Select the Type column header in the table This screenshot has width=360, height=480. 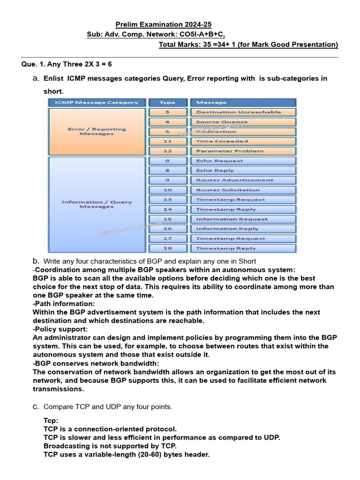click(167, 102)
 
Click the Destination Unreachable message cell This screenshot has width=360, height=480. click(243, 112)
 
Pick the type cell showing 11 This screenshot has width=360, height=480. click(167, 141)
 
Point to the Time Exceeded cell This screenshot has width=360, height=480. click(243, 141)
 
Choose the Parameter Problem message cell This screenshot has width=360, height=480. click(243, 151)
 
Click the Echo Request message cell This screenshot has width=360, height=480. click(243, 161)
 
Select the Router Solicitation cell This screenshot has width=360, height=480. click(243, 190)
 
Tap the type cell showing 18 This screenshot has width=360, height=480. click(167, 248)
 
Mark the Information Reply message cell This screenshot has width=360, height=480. click(243, 229)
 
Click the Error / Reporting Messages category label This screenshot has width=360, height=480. click(97, 131)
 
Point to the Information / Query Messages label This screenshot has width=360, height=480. click(97, 204)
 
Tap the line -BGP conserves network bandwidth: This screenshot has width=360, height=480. click(96, 363)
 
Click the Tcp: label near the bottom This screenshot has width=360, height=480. click(51, 420)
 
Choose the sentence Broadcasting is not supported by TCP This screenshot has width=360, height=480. click(110, 446)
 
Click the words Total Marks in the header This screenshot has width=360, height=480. click(179, 45)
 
